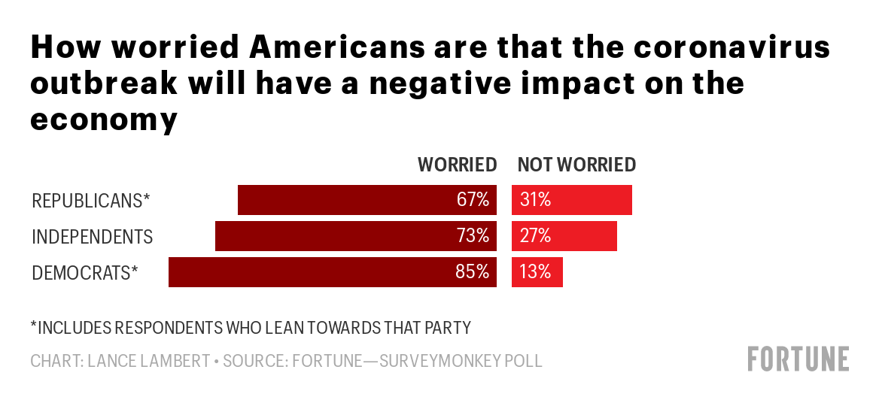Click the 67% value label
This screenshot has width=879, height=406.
tap(473, 200)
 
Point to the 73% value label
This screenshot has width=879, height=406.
tap(473, 236)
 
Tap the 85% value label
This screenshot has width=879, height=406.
tap(473, 272)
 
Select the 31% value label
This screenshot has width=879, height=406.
tap(536, 200)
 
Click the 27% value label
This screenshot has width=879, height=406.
tap(536, 236)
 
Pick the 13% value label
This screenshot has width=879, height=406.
tap(536, 272)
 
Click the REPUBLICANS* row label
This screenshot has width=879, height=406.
tap(90, 201)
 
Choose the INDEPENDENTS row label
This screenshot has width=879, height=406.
tap(92, 237)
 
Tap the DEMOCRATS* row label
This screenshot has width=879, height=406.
tap(85, 273)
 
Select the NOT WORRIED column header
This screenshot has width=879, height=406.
tap(576, 165)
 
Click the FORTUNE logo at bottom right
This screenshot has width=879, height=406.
tap(798, 359)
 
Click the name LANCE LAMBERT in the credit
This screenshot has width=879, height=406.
tap(148, 361)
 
